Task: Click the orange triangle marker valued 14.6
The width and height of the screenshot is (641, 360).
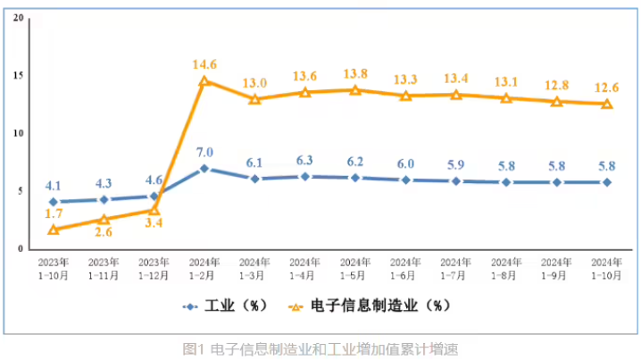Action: [x=204, y=81]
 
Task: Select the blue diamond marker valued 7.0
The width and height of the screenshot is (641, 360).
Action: [x=204, y=168]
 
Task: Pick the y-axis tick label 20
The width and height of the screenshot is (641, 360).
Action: [x=20, y=17]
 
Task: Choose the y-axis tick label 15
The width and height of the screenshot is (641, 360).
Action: [x=20, y=76]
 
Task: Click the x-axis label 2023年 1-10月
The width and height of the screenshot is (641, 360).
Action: [x=54, y=269]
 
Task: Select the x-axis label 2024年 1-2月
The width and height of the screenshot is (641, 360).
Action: [x=204, y=269]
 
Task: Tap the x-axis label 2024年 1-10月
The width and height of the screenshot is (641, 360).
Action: [x=607, y=269]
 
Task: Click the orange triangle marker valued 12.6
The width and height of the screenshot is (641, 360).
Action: [x=607, y=105]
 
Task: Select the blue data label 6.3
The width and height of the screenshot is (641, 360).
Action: [x=305, y=161]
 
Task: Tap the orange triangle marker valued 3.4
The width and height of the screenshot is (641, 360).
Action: [x=154, y=211]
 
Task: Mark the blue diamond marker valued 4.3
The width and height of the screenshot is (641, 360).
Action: [x=104, y=199]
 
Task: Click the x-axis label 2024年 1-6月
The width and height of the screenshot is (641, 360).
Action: [x=406, y=269]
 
